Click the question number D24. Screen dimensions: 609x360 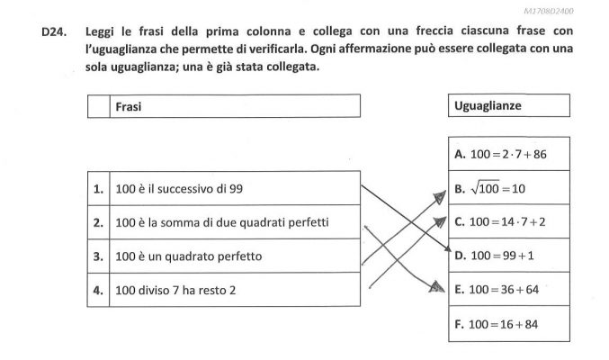click(54, 31)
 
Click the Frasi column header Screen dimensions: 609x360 click(128, 106)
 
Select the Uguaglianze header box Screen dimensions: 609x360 click(509, 105)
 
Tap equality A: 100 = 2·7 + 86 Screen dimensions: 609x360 click(501, 154)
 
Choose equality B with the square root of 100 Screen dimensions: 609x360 click(489, 189)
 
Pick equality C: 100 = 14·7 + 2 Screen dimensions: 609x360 click(500, 222)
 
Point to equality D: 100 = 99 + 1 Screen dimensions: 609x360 click(495, 256)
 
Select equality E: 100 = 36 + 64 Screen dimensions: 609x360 click(497, 290)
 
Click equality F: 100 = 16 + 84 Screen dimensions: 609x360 click(497, 324)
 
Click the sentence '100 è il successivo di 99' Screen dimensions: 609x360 click(179, 189)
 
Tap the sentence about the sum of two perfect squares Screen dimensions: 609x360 click(222, 223)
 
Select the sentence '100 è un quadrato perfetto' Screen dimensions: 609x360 click(189, 256)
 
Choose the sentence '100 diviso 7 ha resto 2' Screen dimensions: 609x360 click(175, 291)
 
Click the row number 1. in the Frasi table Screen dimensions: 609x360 click(98, 189)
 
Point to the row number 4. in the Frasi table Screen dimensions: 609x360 click(98, 291)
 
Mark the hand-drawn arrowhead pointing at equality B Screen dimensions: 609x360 click(441, 197)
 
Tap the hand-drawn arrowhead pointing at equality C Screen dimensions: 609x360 click(440, 222)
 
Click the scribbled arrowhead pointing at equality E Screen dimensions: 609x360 click(437, 286)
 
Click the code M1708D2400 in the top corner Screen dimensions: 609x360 click(549, 11)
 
